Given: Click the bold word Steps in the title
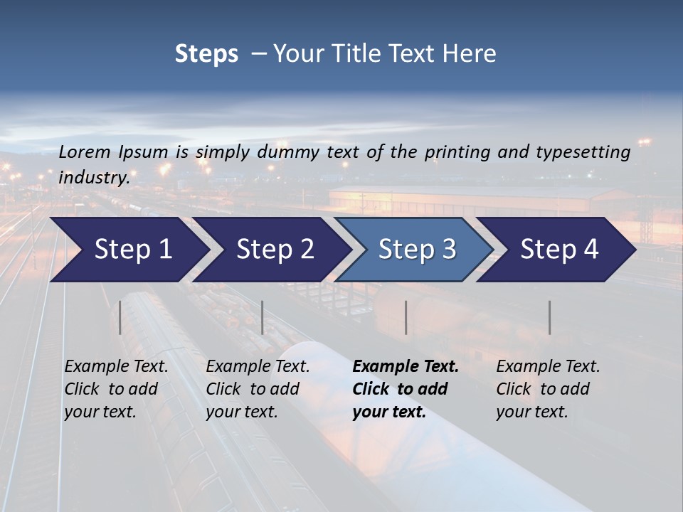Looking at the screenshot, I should click(206, 54).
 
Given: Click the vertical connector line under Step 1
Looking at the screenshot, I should click(120, 317).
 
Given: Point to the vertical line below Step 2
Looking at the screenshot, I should click(263, 317).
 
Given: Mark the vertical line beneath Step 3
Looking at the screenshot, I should click(406, 317).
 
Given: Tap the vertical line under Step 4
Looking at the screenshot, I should click(549, 317).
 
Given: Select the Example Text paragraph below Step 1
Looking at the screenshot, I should click(116, 389).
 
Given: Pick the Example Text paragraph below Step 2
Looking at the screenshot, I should click(258, 389).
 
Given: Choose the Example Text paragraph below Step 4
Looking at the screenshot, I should click(548, 389).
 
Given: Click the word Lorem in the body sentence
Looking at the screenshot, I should click(85, 151).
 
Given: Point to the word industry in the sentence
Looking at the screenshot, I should click(93, 178).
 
